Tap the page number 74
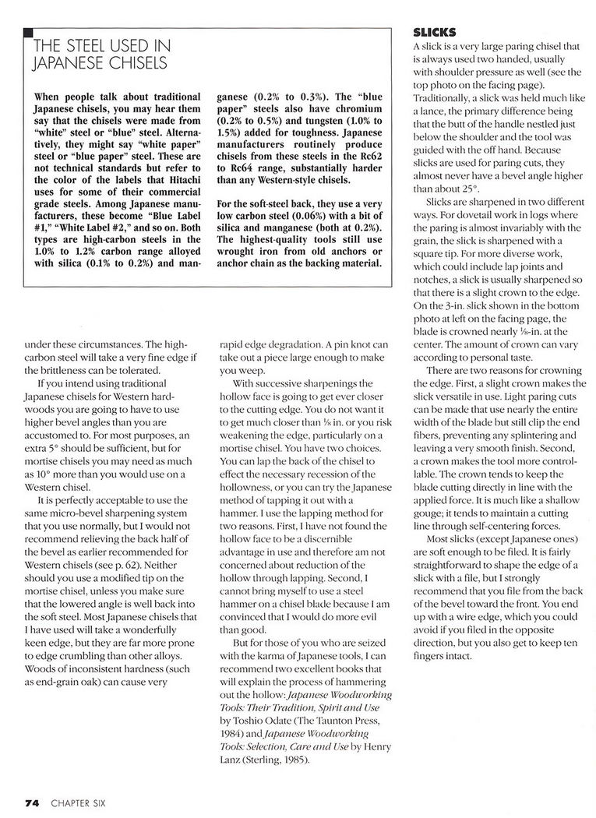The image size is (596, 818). point(31,802)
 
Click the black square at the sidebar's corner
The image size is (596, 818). point(28,32)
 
